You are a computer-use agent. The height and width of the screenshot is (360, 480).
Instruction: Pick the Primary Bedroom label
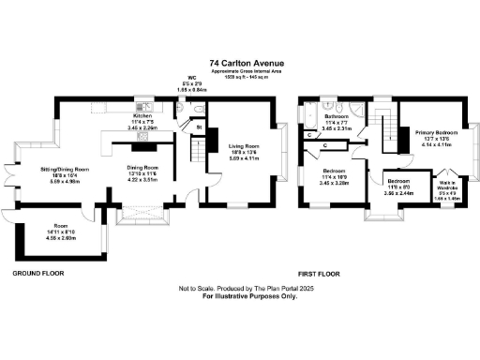434,134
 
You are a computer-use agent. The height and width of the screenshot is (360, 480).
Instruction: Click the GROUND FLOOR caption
37,274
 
